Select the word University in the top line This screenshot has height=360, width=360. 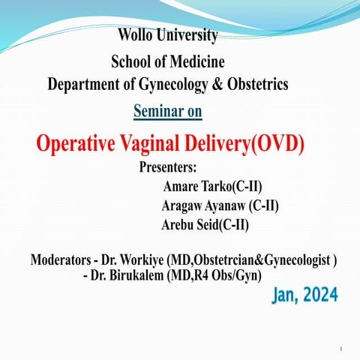[x=191, y=34]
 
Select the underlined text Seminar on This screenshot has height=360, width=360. [x=167, y=112]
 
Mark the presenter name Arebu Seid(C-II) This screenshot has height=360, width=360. [x=205, y=225]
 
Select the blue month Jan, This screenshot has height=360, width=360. [x=287, y=296]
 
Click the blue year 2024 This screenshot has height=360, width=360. [x=322, y=296]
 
